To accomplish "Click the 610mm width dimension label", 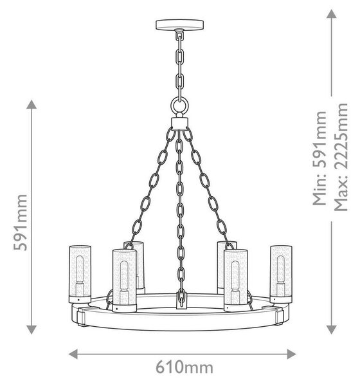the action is [184, 367].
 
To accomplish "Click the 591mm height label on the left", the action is [21, 223].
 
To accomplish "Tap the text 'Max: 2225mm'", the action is [341, 157].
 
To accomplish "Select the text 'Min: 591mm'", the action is [319, 158].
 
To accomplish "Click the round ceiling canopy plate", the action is [179, 24].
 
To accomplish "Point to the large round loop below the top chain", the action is [179, 106].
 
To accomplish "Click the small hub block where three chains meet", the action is [179, 124].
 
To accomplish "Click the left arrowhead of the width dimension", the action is [73, 354].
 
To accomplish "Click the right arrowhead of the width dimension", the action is [291, 354].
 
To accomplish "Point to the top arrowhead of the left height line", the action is [32, 104].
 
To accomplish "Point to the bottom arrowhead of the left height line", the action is [32, 329].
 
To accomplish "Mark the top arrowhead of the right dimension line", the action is [332, 14].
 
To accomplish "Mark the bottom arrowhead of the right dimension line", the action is [332, 329].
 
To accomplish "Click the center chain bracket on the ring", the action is [181, 300].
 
